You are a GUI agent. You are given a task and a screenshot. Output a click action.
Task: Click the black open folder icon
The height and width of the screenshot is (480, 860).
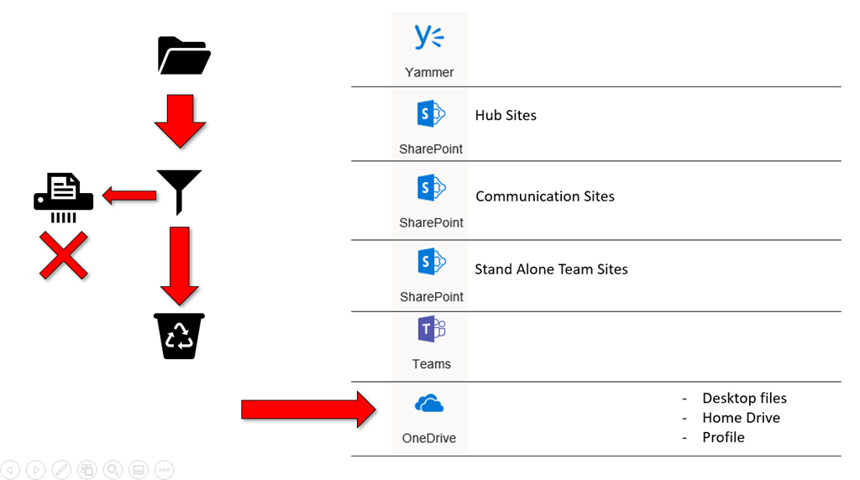184,55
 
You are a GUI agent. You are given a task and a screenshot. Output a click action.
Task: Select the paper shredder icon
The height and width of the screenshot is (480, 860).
64,197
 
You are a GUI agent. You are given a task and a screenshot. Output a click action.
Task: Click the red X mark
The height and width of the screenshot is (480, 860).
64,256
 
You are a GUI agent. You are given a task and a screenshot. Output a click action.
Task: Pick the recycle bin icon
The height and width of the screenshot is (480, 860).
179,336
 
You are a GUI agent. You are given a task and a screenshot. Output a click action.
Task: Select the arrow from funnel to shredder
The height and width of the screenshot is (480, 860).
129,196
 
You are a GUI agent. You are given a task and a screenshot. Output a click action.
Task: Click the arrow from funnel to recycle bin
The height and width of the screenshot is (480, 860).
179,265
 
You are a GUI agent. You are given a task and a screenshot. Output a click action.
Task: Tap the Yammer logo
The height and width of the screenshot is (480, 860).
429,38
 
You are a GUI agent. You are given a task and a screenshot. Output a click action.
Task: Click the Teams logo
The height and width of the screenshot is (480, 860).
431,330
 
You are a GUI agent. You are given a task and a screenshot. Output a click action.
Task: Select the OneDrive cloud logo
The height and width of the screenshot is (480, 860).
429,404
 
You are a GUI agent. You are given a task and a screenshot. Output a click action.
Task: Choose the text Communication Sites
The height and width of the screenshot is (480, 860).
545,196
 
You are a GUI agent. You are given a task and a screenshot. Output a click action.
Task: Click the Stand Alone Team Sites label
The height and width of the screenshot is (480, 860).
551,269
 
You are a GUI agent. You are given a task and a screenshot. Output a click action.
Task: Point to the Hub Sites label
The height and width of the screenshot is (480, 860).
506,115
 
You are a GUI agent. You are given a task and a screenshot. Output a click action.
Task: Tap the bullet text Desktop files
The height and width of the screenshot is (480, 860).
744,398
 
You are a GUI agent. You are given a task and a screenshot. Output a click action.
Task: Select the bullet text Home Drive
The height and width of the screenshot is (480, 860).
741,417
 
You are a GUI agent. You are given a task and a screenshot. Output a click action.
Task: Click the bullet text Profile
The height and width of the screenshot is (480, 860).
723,436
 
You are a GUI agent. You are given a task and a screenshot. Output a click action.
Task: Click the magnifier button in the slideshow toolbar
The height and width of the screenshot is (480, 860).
113,470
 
